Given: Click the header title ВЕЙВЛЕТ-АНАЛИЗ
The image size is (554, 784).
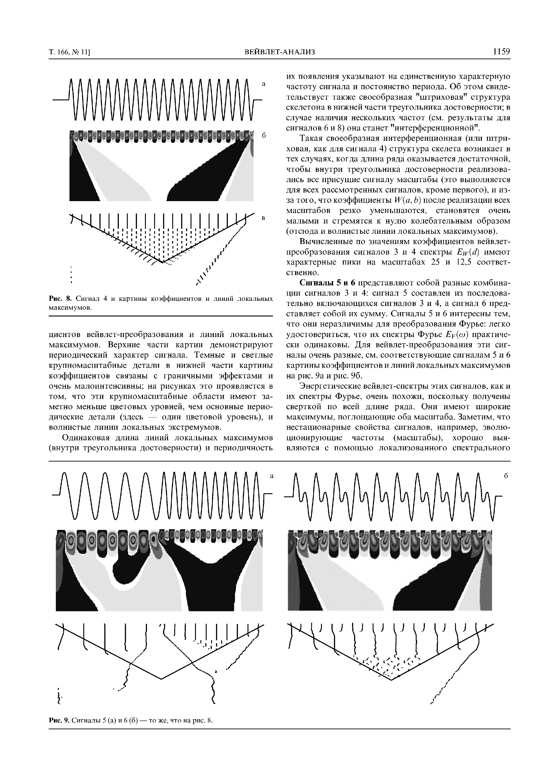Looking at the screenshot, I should tap(280, 52).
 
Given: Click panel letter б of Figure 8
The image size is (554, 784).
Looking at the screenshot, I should tap(264, 136).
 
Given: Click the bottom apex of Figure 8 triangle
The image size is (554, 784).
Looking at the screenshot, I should tap(163, 262).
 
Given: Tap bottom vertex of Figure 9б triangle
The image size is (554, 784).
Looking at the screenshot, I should tap(391, 680).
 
